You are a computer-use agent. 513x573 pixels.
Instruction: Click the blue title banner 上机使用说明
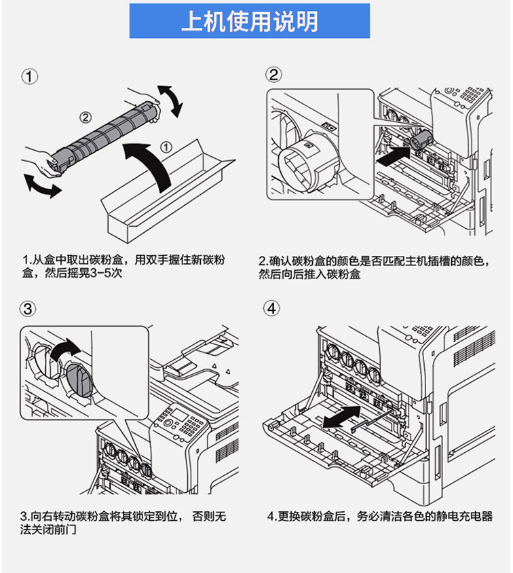pyautogui.click(x=250, y=21)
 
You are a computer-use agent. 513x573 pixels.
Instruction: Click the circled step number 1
pyautogui.click(x=30, y=77)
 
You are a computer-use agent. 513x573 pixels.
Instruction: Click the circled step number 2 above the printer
pyautogui.click(x=273, y=75)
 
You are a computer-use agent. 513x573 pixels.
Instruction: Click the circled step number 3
pyautogui.click(x=28, y=309)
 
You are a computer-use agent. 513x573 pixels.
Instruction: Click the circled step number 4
pyautogui.click(x=271, y=308)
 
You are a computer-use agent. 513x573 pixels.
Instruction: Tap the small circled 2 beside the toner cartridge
pyautogui.click(x=85, y=117)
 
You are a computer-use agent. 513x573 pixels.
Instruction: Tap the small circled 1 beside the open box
pyautogui.click(x=166, y=147)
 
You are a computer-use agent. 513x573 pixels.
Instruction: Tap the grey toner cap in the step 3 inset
pyautogui.click(x=79, y=380)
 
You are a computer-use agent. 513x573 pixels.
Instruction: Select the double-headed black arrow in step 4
pyautogui.click(x=342, y=417)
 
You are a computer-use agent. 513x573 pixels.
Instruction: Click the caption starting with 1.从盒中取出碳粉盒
pyautogui.click(x=123, y=266)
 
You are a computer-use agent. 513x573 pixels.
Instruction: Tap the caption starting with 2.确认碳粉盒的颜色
pyautogui.click(x=374, y=267)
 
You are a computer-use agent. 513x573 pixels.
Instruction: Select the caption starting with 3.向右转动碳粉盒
pyautogui.click(x=123, y=523)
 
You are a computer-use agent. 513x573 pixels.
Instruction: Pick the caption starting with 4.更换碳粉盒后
pyautogui.click(x=380, y=517)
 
